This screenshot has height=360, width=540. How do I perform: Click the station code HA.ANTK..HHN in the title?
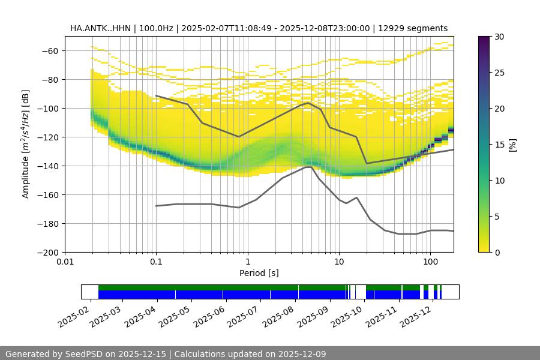coord(98,28)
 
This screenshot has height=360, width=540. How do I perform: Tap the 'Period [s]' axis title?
coord(259,274)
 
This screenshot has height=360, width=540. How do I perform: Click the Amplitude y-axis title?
coord(25,145)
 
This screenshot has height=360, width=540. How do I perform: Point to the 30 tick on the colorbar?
coord(499,37)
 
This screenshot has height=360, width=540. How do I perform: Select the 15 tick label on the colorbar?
coord(499,145)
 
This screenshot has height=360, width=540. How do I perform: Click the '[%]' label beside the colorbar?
coord(513,145)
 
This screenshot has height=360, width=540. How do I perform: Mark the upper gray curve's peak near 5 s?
coord(308,103)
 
